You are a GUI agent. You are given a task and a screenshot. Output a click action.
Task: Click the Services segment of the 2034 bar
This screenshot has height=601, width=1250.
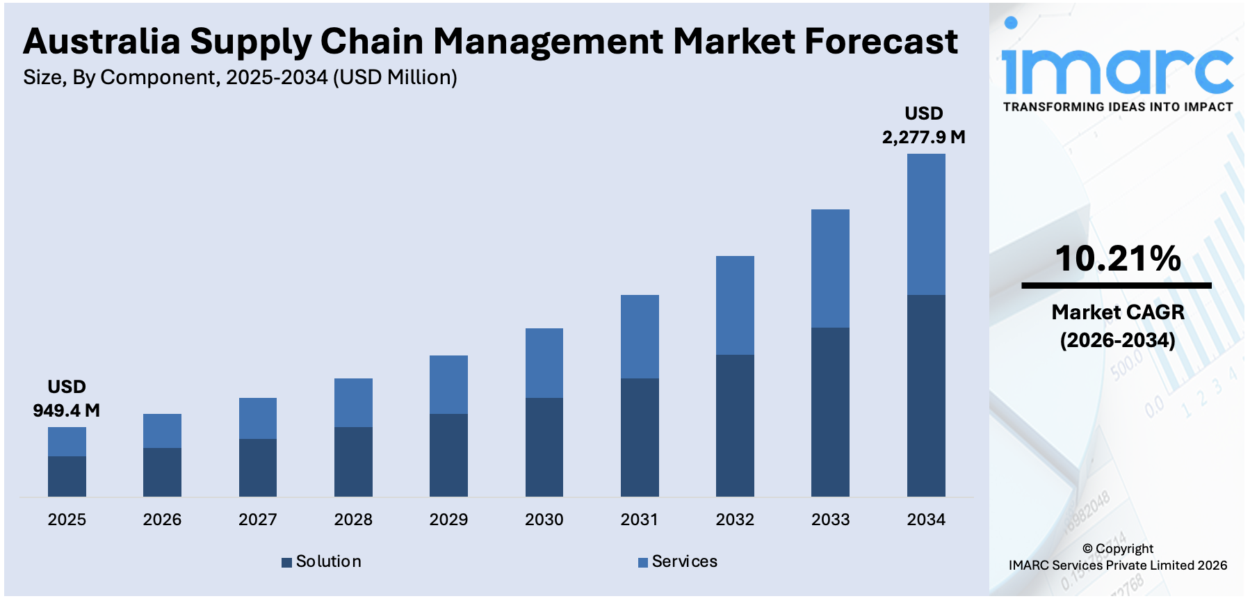[x=925, y=224]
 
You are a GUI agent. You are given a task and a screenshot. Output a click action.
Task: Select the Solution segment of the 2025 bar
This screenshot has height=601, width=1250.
[x=67, y=476]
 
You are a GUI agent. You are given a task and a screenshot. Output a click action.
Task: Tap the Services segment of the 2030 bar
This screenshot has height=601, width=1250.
[x=544, y=363]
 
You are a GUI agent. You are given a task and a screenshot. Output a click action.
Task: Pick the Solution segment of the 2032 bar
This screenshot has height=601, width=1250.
[x=735, y=426]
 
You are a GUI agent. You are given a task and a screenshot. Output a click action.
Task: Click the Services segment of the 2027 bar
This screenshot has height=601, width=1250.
[x=257, y=418]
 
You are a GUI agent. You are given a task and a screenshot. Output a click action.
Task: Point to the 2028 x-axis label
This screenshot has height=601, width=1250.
[x=353, y=520]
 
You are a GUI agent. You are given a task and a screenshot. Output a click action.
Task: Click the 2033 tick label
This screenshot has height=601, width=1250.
[x=830, y=520]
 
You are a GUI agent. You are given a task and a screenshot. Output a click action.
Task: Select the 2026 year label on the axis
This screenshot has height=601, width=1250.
[x=162, y=520]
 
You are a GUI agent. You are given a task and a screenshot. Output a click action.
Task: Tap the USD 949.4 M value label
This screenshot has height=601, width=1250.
[x=67, y=399]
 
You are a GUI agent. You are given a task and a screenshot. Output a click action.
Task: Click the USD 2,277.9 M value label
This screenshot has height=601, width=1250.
[x=923, y=125]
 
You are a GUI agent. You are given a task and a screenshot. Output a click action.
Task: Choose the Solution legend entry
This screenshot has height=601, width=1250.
[x=322, y=561]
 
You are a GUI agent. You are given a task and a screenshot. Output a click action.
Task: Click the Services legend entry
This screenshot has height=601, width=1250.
[x=678, y=561]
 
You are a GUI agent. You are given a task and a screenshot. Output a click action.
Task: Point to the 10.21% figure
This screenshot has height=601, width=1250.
[x=1117, y=259]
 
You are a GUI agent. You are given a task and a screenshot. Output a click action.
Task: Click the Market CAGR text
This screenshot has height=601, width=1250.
[x=1117, y=312]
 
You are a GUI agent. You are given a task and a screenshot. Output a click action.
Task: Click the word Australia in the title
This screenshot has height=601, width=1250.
[x=102, y=42]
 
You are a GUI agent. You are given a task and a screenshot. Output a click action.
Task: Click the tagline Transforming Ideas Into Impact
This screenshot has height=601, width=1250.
[x=1117, y=107]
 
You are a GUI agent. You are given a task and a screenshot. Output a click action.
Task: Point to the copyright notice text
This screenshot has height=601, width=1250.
[x=1117, y=557]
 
